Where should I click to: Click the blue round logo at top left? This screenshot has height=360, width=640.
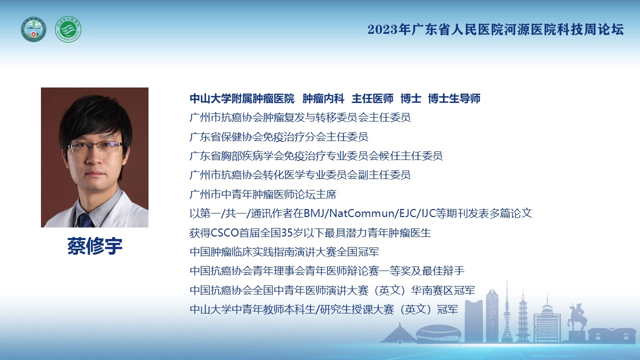pyautogui.click(x=33, y=29)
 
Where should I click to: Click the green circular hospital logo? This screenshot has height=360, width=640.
pyautogui.click(x=68, y=29)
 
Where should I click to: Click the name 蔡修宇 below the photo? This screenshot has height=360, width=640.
pyautogui.click(x=95, y=246)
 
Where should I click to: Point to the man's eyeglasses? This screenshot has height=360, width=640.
pyautogui.click(x=95, y=147)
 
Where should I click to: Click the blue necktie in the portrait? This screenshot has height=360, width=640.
pyautogui.click(x=85, y=220)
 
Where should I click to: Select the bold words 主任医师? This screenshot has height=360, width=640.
pyautogui.click(x=372, y=98)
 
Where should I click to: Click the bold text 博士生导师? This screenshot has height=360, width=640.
pyautogui.click(x=454, y=98)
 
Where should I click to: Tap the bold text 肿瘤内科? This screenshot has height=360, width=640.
pyautogui.click(x=323, y=98)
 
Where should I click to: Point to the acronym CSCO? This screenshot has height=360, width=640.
pyautogui.click(x=224, y=233)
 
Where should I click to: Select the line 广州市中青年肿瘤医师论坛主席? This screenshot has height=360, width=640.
pyautogui.click(x=263, y=194)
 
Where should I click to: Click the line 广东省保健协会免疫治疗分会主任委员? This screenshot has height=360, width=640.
pyautogui.click(x=278, y=137)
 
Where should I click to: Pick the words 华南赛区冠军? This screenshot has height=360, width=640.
pyautogui.click(x=443, y=290)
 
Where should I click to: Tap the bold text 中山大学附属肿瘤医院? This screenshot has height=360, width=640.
pyautogui.click(x=242, y=98)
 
